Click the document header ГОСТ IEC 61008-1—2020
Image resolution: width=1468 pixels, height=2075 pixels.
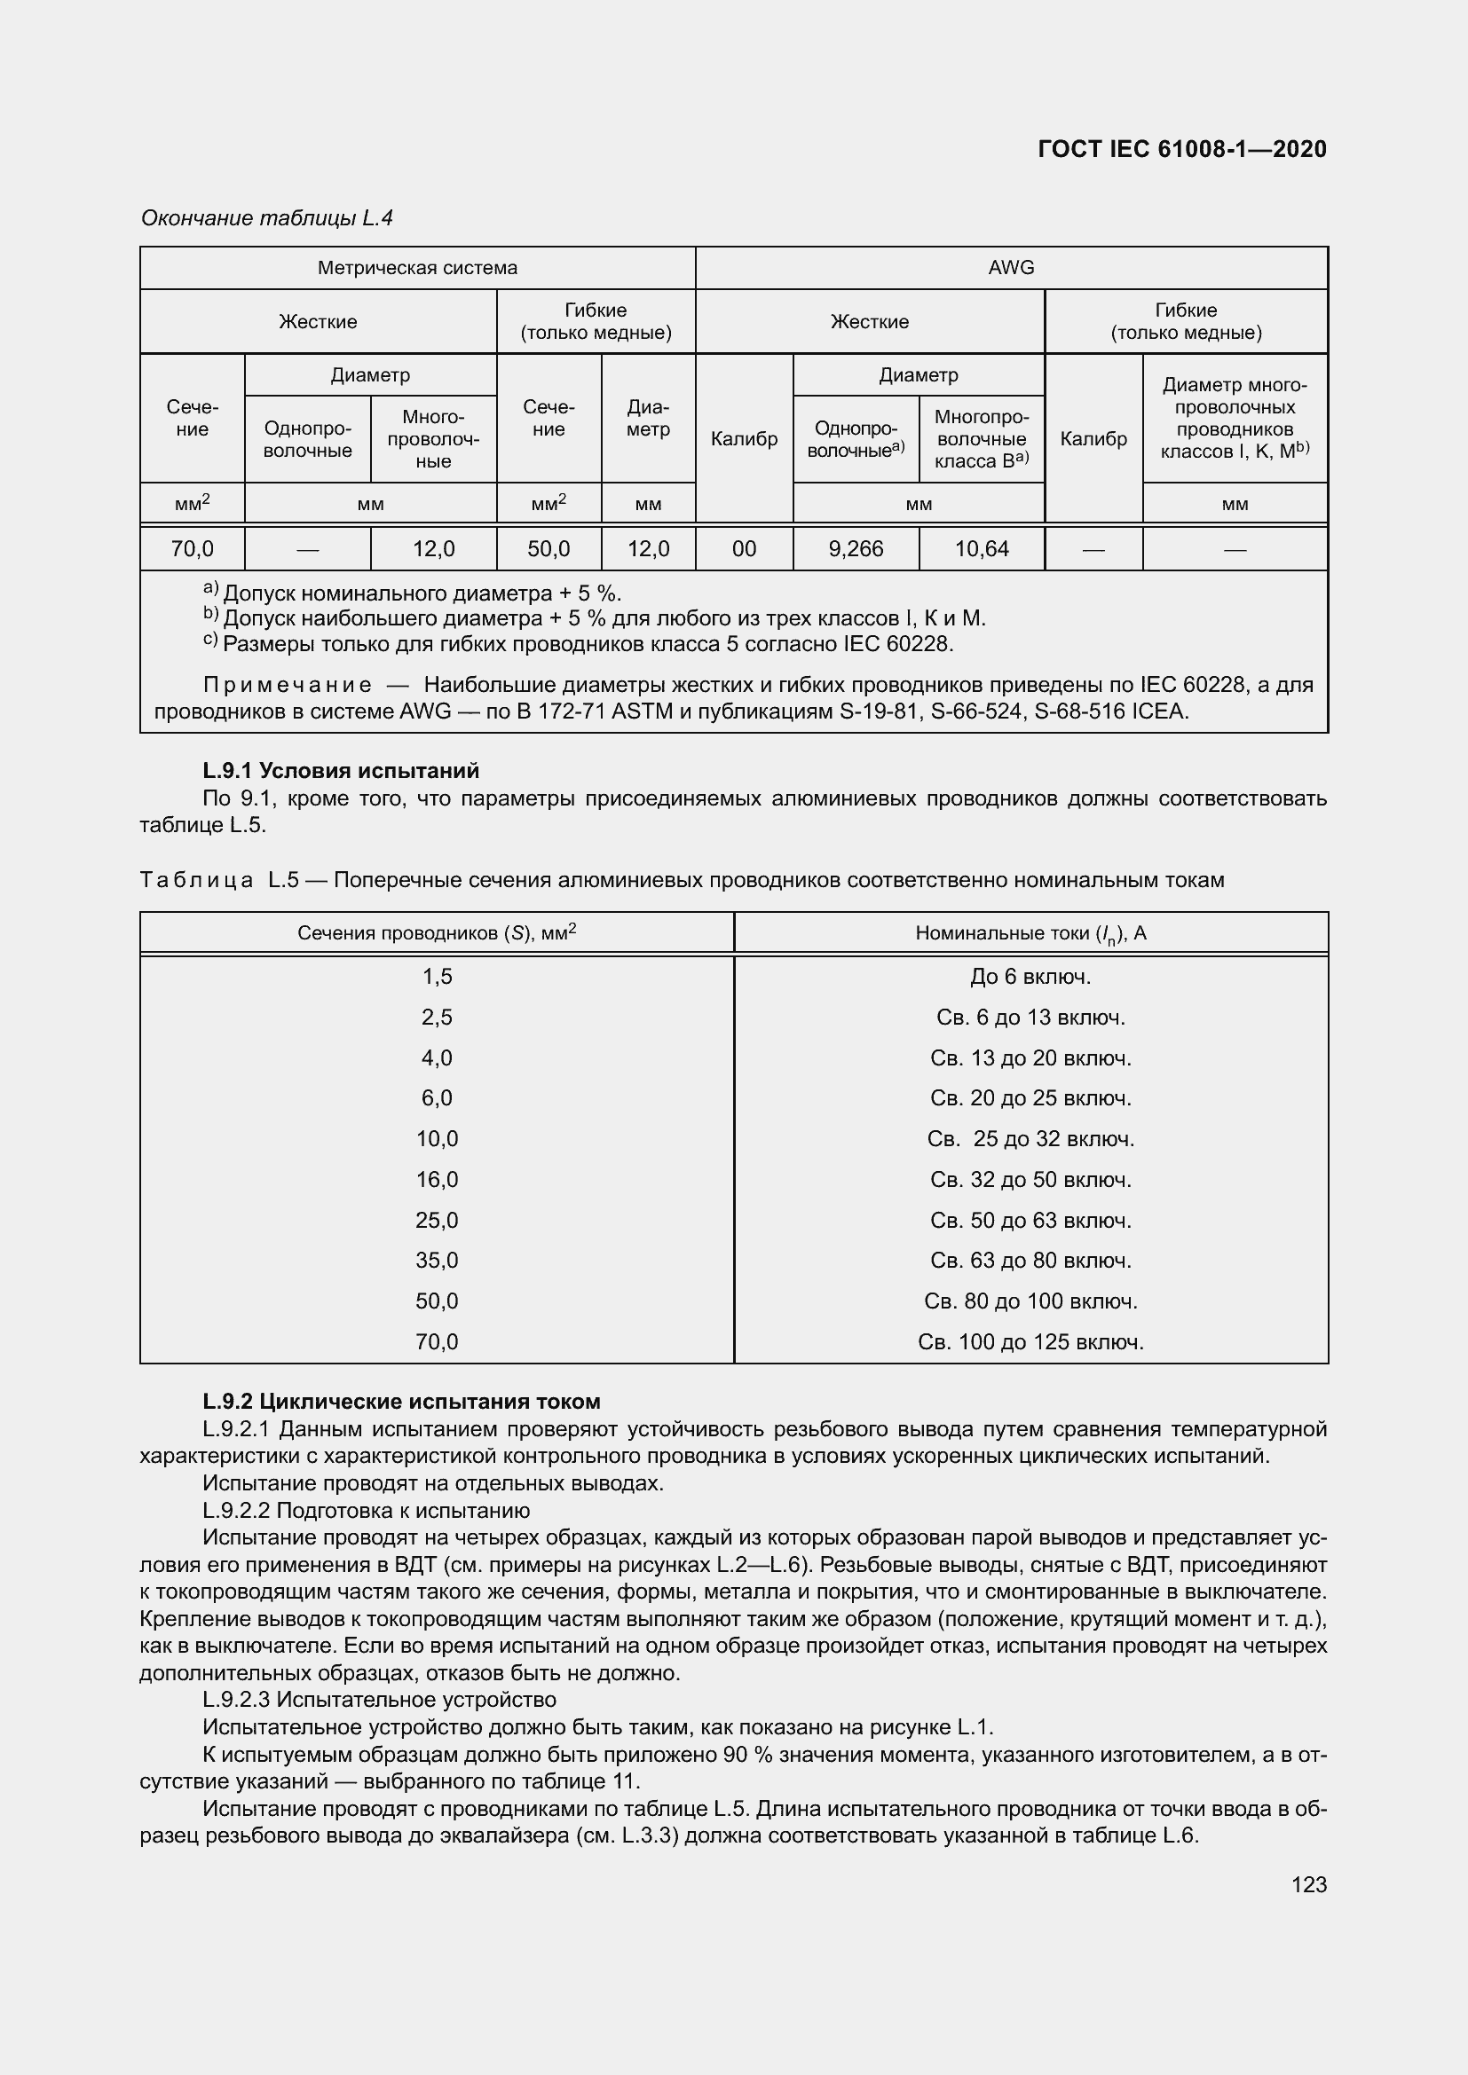pos(1182,149)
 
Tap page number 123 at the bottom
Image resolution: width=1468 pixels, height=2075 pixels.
pos(1309,1884)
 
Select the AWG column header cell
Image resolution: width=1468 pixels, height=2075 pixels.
pos(1011,268)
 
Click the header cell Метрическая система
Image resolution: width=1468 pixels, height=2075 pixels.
pos(417,268)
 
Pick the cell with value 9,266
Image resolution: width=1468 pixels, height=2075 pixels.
pos(855,548)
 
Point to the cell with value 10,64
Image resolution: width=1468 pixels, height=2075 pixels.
pos(982,548)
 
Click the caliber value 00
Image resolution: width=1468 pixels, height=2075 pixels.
pos(744,548)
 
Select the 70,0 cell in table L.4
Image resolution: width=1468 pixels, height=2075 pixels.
pos(192,548)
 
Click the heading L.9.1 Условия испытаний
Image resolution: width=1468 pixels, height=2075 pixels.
pos(341,771)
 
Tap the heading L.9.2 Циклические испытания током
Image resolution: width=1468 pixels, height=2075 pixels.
pos(401,1402)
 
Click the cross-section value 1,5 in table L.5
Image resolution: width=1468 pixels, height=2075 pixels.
pos(437,977)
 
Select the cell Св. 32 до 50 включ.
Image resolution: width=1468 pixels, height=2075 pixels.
pos(1030,1179)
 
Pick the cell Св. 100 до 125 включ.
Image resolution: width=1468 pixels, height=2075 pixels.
pos(1030,1342)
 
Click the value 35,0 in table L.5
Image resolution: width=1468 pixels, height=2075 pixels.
pos(437,1261)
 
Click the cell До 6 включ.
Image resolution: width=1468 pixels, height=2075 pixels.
pos(1030,977)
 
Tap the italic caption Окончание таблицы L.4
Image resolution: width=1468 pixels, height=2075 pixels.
pos(266,218)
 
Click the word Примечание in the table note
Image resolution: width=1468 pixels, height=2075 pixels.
pos(288,685)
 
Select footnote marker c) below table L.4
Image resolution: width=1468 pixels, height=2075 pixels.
pos(209,641)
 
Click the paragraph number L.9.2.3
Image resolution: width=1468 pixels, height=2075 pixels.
pos(236,1700)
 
